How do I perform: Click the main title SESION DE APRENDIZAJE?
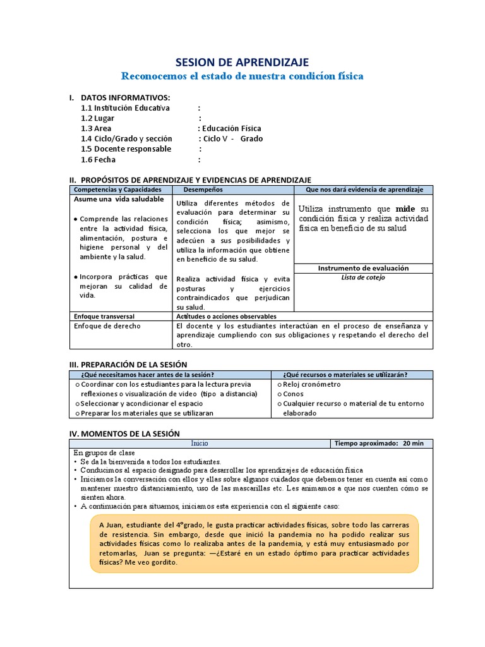(x=242, y=62)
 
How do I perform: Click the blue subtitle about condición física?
(x=242, y=76)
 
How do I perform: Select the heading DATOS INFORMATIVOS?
(x=125, y=97)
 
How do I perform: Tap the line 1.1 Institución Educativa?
(x=125, y=108)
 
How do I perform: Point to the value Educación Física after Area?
(x=230, y=128)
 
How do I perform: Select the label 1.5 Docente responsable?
(x=126, y=149)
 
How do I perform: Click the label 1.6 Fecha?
(x=98, y=160)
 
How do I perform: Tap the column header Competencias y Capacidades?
(x=117, y=190)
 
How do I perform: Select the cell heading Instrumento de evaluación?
(x=363, y=268)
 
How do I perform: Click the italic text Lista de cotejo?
(x=362, y=277)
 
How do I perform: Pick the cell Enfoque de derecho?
(x=107, y=326)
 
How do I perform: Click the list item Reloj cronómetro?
(x=311, y=384)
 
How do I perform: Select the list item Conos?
(x=294, y=394)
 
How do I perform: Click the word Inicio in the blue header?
(x=200, y=444)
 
